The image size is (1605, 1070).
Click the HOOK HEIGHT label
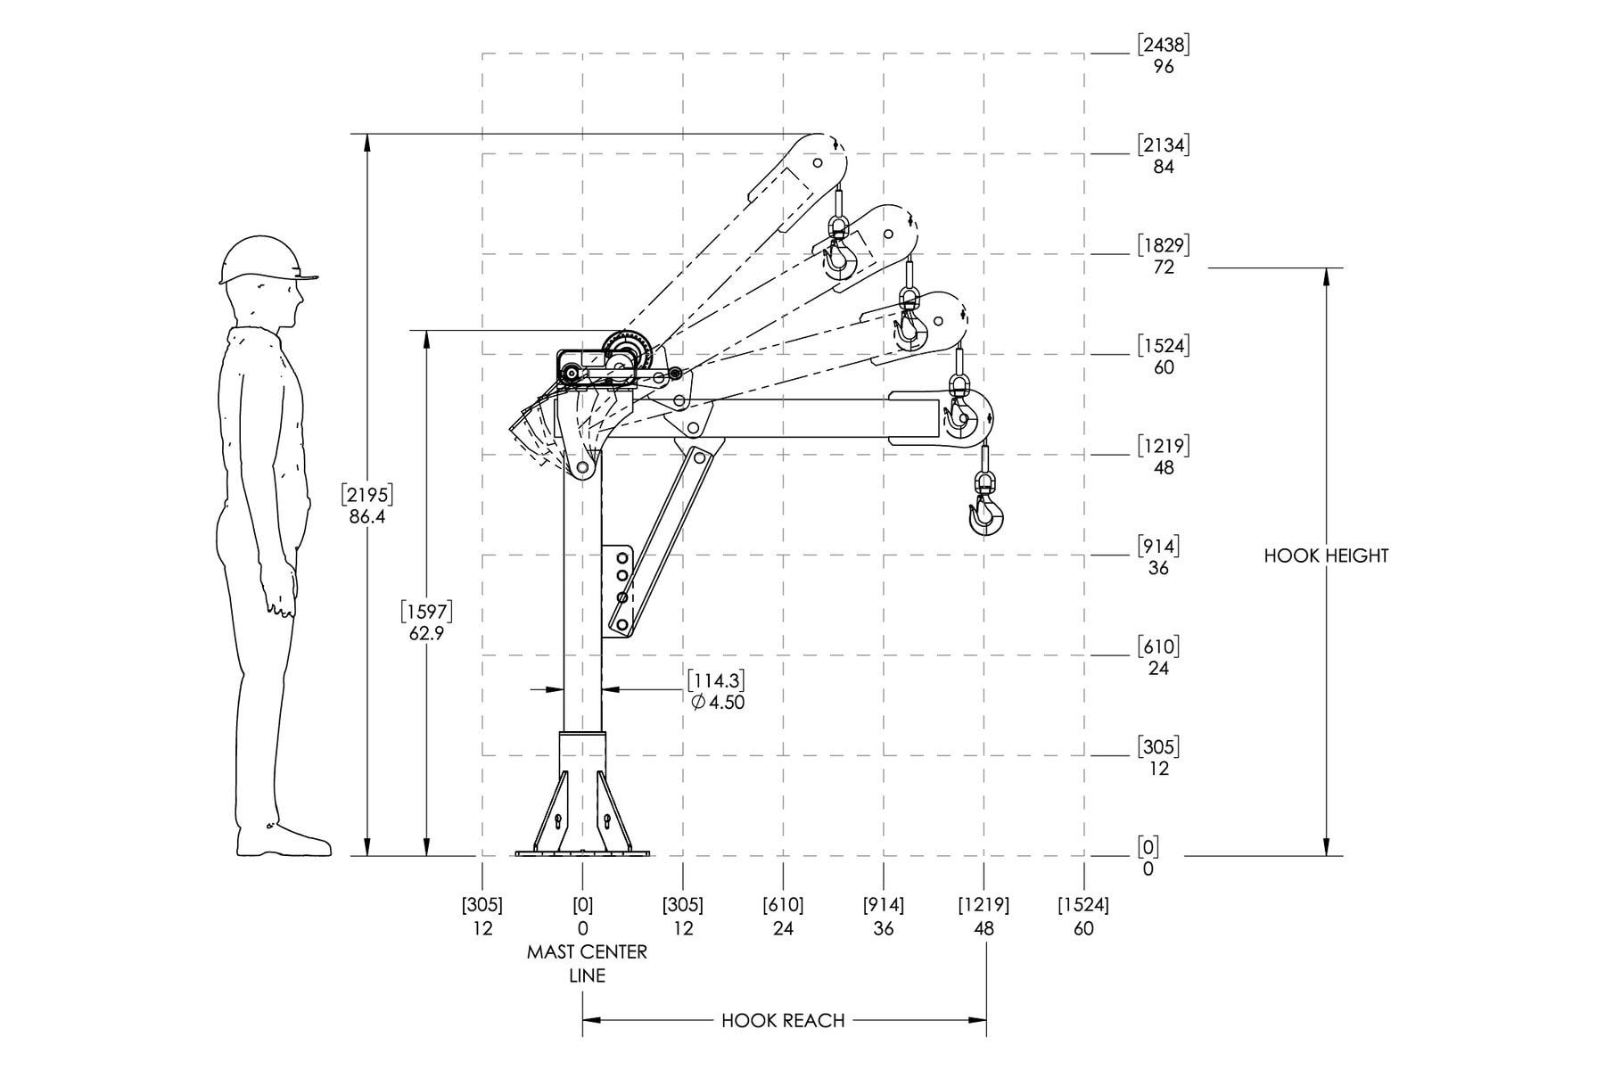point(1326,556)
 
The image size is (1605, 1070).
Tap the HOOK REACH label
point(783,1020)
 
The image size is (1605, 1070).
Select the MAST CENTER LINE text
point(587,963)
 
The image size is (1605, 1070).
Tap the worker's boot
point(283,841)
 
